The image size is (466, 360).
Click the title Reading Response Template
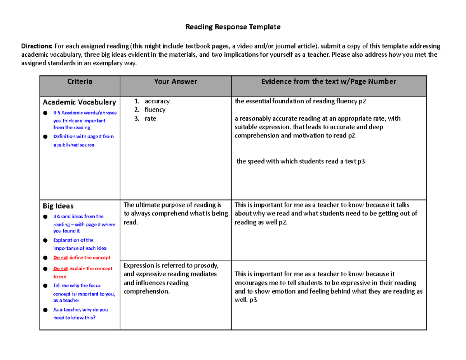point(233,27)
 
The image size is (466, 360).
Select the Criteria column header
point(80,82)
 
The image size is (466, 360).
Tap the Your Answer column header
point(175,82)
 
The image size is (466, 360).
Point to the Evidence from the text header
point(329,82)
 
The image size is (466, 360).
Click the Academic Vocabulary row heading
point(79,103)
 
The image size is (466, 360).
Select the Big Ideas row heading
point(58,205)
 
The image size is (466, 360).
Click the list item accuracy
point(157,101)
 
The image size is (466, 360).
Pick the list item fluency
point(155,110)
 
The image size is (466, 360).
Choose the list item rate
point(150,118)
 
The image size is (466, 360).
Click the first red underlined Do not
point(61,257)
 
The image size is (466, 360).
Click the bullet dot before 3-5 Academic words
point(45,113)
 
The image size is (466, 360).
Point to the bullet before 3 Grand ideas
point(45,217)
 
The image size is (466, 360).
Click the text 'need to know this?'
point(74,318)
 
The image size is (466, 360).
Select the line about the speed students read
point(301,162)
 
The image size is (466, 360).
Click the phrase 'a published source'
point(73,145)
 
